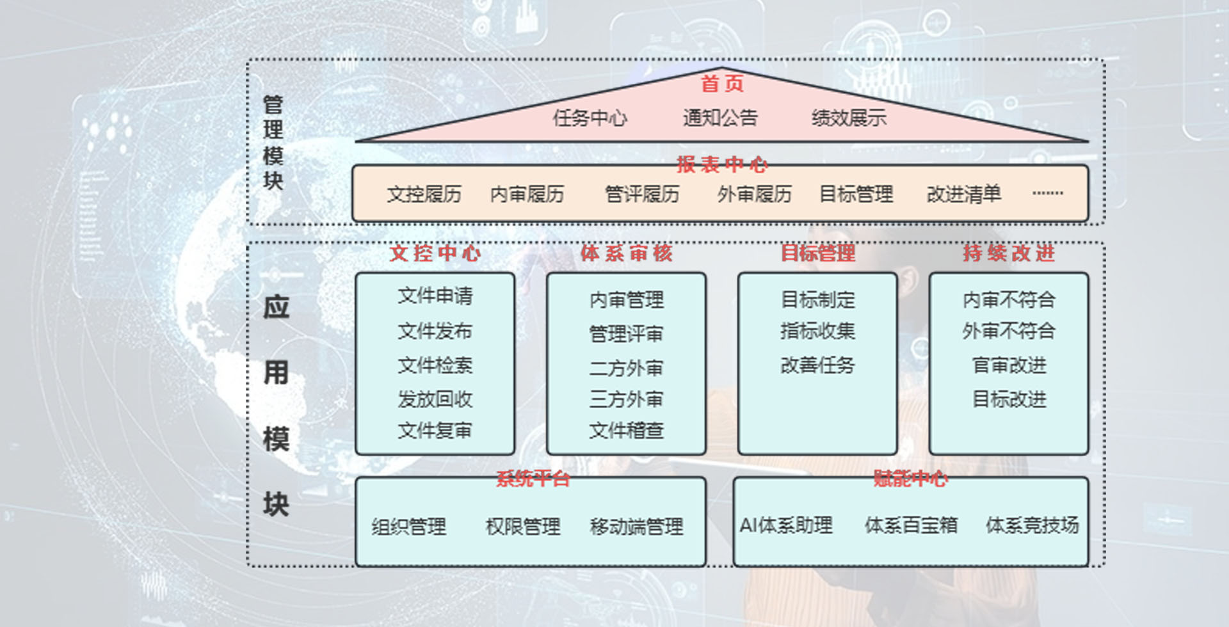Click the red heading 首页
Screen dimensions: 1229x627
click(x=722, y=84)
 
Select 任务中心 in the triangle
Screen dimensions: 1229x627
click(x=590, y=118)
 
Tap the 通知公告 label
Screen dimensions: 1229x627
click(x=720, y=118)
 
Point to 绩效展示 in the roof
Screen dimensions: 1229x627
click(x=849, y=118)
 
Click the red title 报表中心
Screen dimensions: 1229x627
click(x=722, y=164)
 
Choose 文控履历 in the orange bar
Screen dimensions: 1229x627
click(x=424, y=194)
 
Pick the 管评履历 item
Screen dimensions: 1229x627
click(x=642, y=194)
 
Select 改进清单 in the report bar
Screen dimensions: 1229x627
click(x=964, y=194)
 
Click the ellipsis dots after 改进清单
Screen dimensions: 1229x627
click(x=1048, y=193)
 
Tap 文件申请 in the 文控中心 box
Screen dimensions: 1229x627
click(x=435, y=296)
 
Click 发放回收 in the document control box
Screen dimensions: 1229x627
click(x=435, y=399)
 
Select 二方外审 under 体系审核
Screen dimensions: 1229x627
click(x=626, y=368)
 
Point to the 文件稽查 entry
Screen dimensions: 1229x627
click(x=626, y=431)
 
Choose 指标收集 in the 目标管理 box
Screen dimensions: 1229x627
click(x=817, y=331)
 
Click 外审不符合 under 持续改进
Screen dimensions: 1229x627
click(x=1009, y=331)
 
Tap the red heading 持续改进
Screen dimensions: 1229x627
click(x=1009, y=253)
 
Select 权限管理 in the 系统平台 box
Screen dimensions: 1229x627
click(x=523, y=527)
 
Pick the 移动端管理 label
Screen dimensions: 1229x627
click(x=637, y=527)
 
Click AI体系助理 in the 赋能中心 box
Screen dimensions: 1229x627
click(x=786, y=525)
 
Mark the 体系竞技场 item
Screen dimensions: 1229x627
click(x=1032, y=525)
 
